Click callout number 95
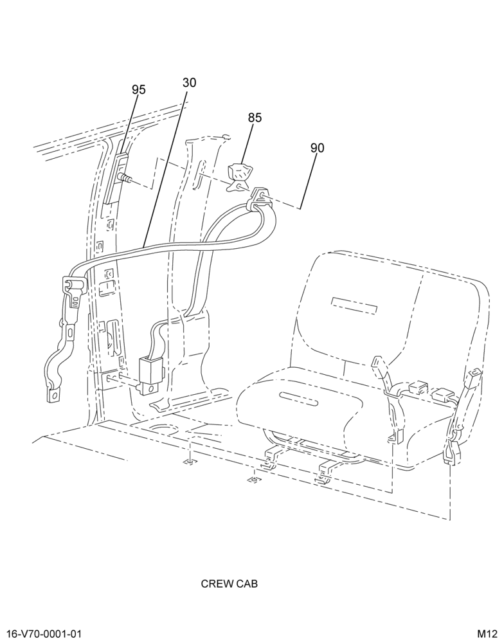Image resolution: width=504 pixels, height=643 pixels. tap(139, 90)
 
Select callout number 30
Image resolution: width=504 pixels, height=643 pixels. tap(189, 83)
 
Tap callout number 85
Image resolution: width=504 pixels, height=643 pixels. tap(255, 118)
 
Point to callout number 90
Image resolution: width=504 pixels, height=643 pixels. tap(317, 148)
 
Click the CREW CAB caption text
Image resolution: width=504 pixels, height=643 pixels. tap(230, 584)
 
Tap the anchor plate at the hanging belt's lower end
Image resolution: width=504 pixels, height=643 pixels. tap(53, 394)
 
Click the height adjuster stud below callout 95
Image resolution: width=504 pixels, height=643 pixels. tap(125, 177)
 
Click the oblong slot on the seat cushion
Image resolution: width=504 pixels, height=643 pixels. tap(299, 398)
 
